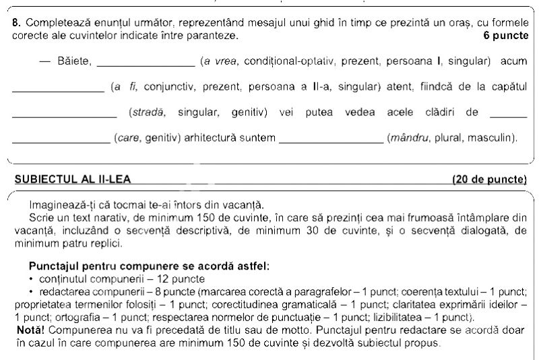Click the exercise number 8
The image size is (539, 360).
(15, 22)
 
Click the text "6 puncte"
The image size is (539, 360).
(506, 34)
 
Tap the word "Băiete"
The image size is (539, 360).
(73, 61)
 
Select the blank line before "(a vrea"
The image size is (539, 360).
(146, 65)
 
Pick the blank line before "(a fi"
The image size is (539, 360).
(58, 91)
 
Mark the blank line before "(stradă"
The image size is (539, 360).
(65, 116)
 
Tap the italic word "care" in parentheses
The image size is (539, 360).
(128, 138)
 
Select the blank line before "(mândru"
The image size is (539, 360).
(331, 142)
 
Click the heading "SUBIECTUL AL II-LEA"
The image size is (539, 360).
(73, 179)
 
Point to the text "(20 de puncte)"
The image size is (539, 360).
(490, 179)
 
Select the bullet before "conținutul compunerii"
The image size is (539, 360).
(32, 279)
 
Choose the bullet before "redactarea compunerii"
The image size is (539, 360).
(32, 291)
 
